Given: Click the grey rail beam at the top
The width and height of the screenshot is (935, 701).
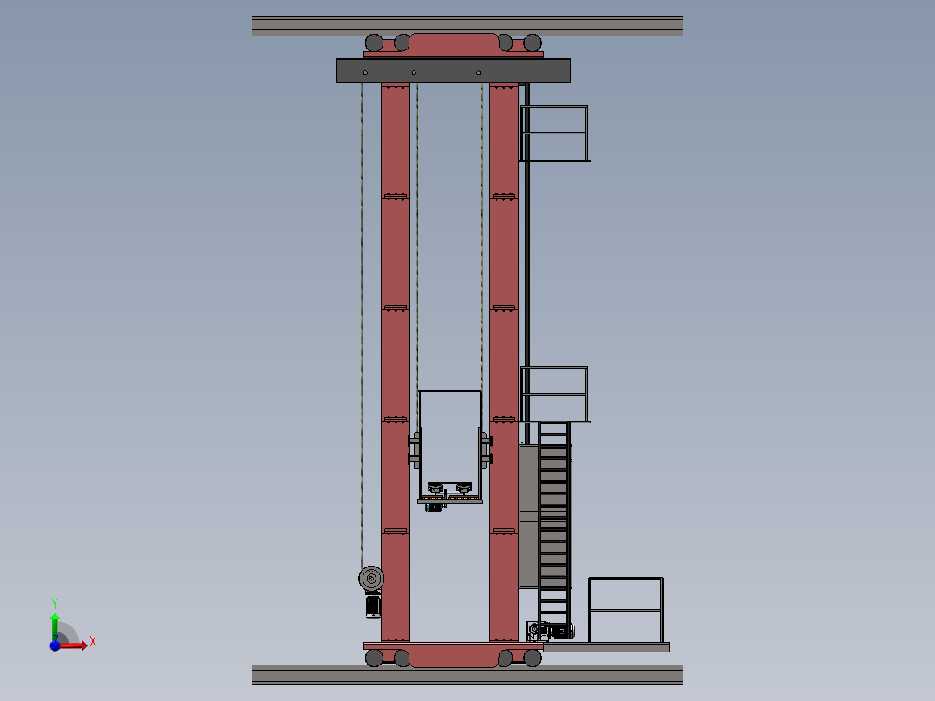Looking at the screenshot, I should click(467, 26).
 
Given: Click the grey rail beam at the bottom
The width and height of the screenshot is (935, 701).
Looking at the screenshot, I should click(467, 674).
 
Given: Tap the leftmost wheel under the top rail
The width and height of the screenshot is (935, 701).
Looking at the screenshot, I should click(374, 43).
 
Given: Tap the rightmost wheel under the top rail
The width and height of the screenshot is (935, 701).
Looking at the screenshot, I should click(532, 43).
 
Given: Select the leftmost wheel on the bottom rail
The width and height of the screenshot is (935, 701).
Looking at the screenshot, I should click(374, 658).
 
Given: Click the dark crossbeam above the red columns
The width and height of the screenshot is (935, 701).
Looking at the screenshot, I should click(453, 70).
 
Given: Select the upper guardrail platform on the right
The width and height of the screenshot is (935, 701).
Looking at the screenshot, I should click(555, 134).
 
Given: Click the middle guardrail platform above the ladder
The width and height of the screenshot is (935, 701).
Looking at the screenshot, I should click(555, 395).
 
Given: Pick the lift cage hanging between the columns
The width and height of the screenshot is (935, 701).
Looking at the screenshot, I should click(449, 446).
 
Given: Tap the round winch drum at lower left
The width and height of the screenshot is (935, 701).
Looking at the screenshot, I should click(371, 578).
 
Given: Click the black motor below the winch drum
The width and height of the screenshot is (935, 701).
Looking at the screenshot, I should click(373, 606).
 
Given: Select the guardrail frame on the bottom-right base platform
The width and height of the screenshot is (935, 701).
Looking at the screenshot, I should click(625, 610).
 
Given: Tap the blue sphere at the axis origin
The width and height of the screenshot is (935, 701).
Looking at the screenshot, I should click(55, 645).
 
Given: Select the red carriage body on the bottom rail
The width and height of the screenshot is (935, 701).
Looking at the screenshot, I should click(453, 655).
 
